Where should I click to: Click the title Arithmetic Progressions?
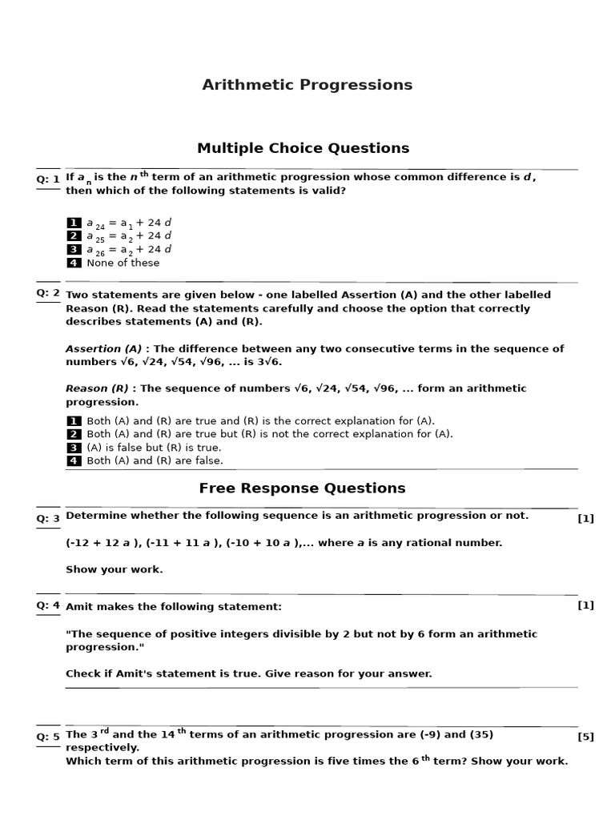pos(307,85)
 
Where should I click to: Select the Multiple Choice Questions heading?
pos(303,148)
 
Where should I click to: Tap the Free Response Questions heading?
pos(302,488)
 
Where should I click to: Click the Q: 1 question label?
pos(48,179)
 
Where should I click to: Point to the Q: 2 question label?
pos(48,293)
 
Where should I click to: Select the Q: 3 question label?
pos(48,518)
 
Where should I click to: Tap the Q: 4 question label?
pos(48,605)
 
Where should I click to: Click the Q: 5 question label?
pos(48,737)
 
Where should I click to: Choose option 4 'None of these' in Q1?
pos(123,263)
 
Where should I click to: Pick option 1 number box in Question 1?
pos(74,223)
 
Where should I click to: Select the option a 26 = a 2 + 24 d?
pos(129,250)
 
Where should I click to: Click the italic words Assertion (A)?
pos(103,348)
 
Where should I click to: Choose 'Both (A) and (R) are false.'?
pos(155,460)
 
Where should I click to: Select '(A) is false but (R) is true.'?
pos(154,448)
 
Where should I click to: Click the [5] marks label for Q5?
pos(585,737)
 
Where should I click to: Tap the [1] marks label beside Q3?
pos(585,518)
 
